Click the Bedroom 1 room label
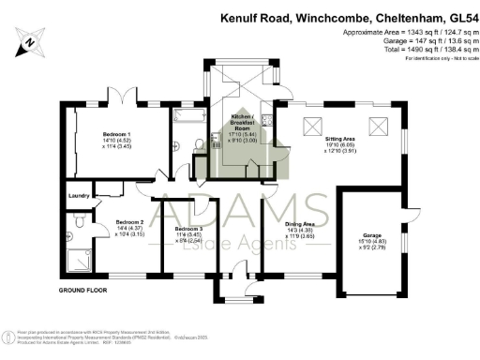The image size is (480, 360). (116, 135)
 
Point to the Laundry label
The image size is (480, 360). (79, 195)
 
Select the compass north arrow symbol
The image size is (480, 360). (31, 41)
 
